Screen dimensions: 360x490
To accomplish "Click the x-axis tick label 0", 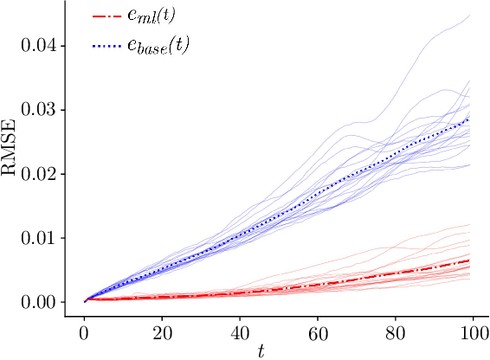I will point(84,331).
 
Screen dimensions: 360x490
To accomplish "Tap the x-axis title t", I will point(260,350).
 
